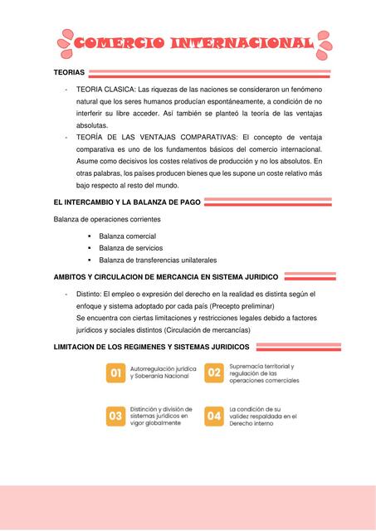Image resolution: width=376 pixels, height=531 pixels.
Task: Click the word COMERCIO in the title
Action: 117,44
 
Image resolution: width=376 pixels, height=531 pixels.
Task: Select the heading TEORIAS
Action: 69,74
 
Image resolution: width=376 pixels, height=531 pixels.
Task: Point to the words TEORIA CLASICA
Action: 105,88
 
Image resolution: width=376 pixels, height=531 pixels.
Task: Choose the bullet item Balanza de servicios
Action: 130,248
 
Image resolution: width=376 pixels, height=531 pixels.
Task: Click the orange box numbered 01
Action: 116,374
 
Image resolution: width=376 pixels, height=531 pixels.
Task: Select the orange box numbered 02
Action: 214,373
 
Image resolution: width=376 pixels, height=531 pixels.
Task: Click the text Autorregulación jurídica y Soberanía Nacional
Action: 163,373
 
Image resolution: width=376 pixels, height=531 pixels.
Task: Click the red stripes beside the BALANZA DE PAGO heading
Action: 267,202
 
